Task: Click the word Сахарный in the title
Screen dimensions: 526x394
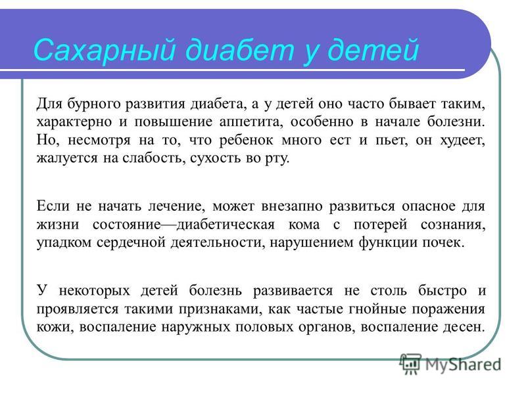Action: (105, 51)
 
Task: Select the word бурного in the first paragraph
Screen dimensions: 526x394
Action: (94, 104)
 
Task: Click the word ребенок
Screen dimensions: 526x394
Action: (246, 140)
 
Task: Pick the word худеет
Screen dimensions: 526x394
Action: (463, 141)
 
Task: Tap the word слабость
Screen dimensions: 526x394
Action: (154, 158)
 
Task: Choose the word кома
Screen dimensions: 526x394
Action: (304, 225)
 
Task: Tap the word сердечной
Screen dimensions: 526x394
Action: (131, 242)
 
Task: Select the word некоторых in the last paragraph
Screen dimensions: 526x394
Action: (94, 291)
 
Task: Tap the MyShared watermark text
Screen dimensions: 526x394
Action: (464, 364)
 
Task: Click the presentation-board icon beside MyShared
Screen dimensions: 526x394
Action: (410, 364)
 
